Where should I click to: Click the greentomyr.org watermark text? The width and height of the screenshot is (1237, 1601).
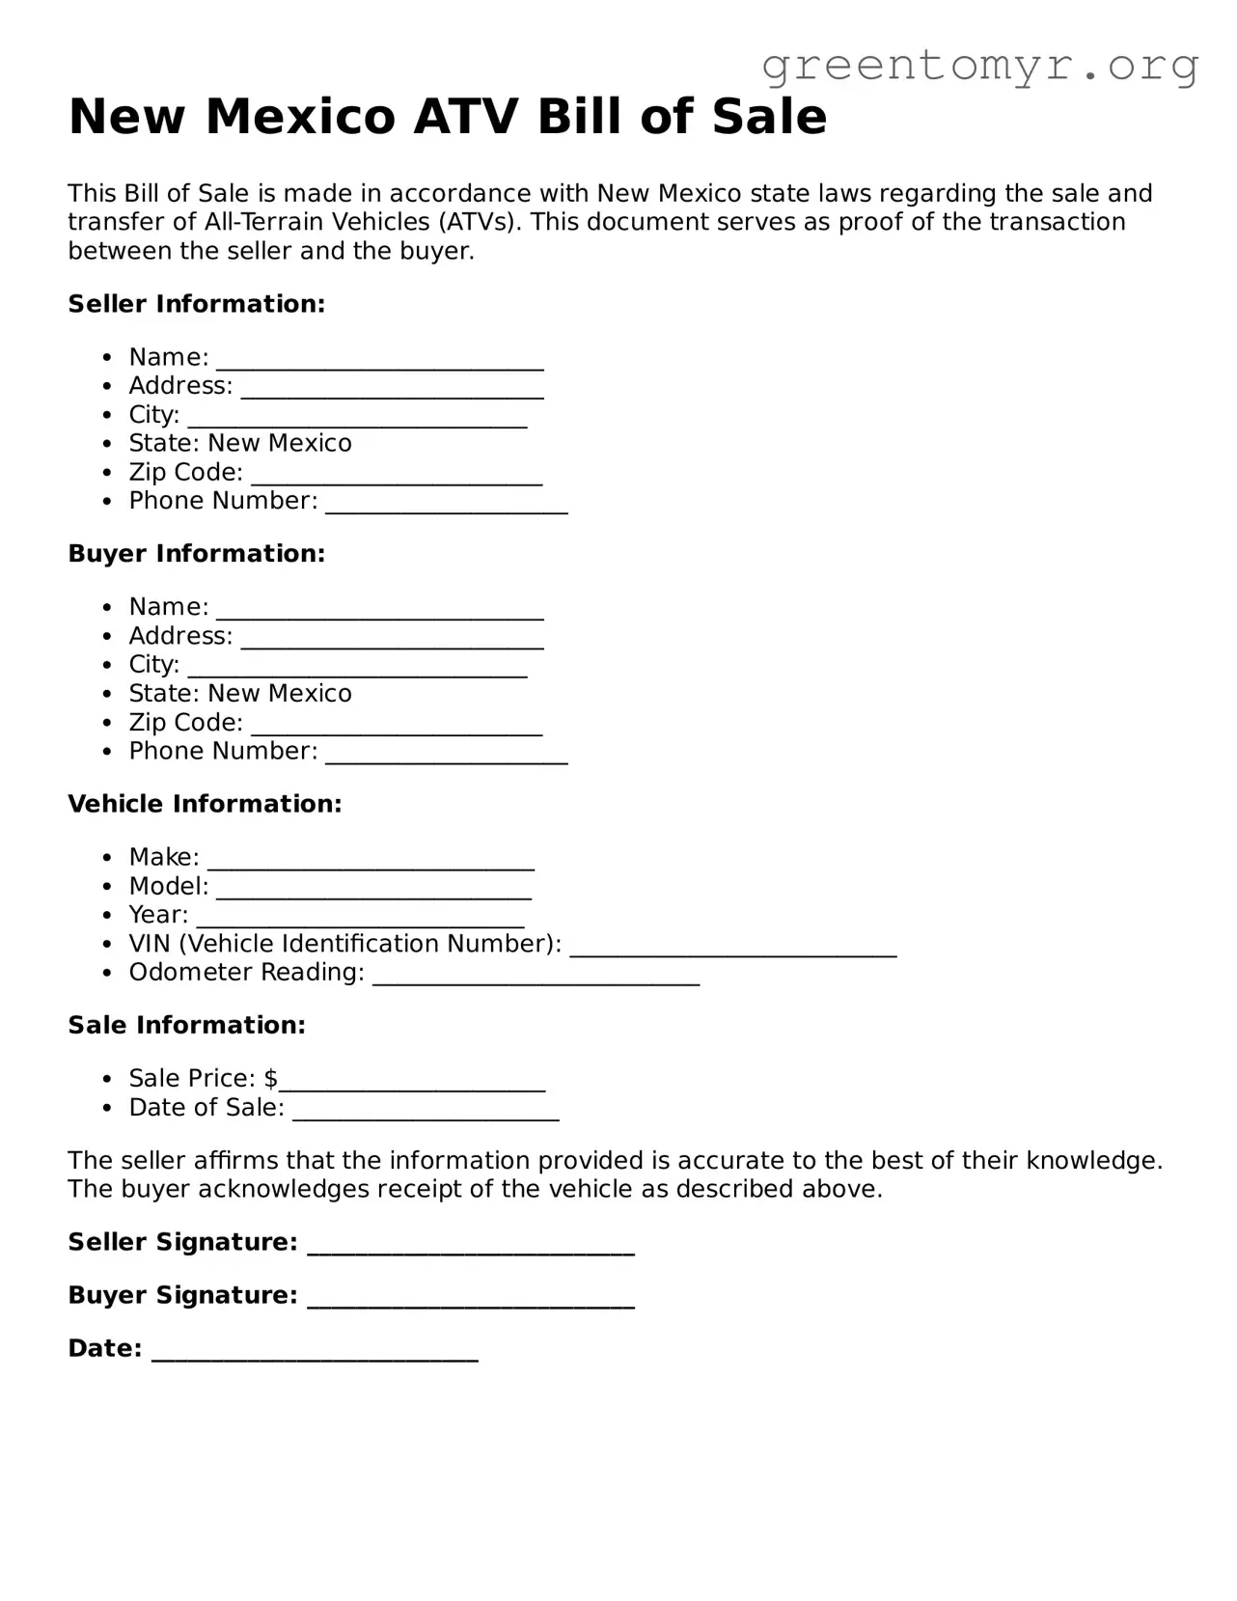(x=980, y=65)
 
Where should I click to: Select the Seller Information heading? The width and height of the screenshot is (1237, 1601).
(x=197, y=304)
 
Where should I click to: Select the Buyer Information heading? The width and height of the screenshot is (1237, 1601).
(x=197, y=554)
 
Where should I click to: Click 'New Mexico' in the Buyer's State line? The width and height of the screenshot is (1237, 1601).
(x=280, y=694)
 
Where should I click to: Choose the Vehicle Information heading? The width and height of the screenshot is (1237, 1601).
(x=205, y=804)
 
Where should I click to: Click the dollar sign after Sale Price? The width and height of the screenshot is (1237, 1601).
(x=271, y=1079)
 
